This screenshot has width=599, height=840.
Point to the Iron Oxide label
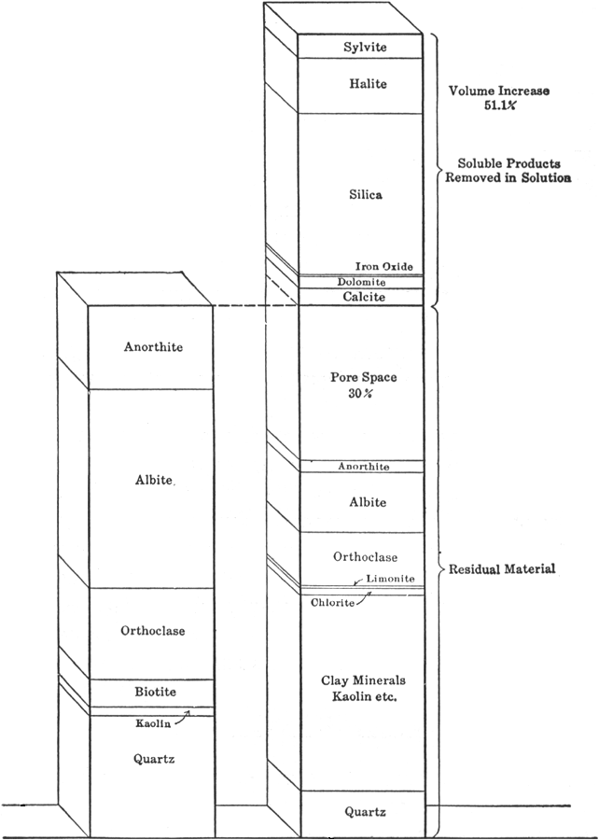pos(383,267)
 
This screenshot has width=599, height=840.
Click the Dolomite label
pos(363,281)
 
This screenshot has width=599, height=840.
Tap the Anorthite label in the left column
pos(153,347)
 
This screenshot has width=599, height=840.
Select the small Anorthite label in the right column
pos(363,466)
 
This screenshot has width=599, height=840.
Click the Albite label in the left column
pos(153,480)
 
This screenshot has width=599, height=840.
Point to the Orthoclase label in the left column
pos(153,631)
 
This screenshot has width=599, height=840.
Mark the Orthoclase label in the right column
pos(365,557)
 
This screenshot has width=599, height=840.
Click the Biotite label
pos(153,692)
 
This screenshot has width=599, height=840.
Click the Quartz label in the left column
pos(153,760)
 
